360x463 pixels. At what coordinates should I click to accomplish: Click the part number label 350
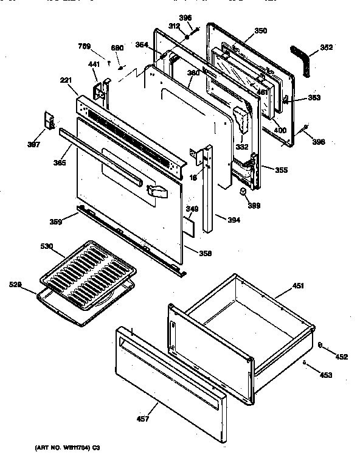(x=243, y=30)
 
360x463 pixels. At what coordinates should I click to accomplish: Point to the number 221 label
(x=66, y=80)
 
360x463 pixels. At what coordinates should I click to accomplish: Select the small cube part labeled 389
(x=242, y=192)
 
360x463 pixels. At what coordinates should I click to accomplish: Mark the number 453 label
(x=326, y=375)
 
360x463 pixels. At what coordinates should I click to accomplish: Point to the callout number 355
(x=280, y=170)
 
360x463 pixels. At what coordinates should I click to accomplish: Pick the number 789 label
(x=85, y=46)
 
